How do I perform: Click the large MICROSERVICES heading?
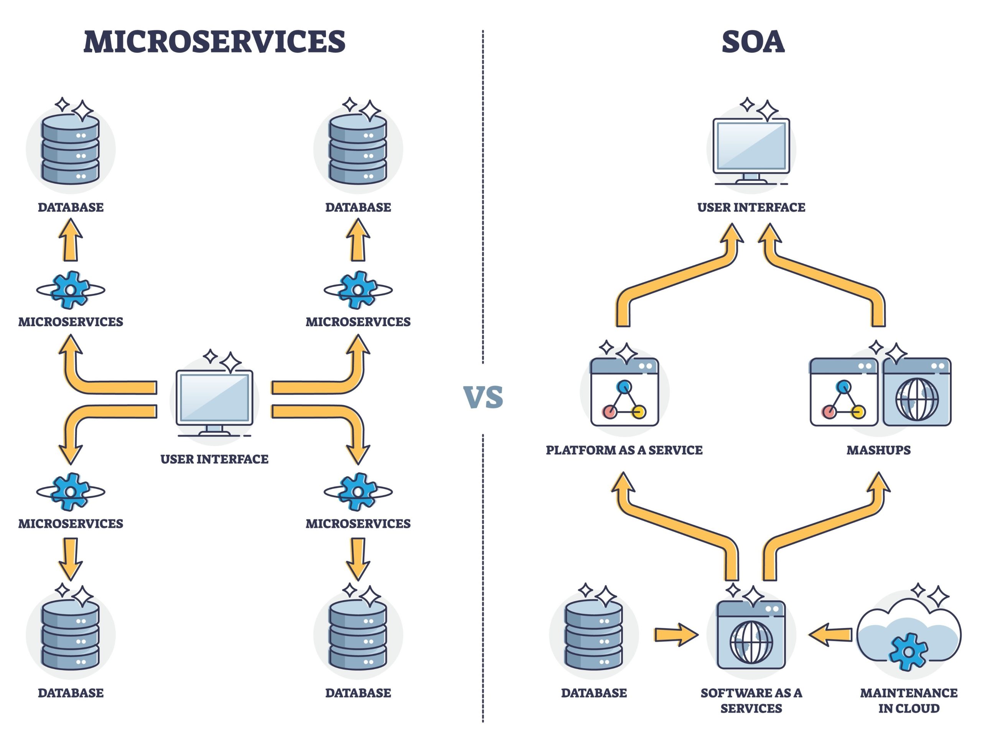click(214, 42)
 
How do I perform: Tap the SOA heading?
click(752, 42)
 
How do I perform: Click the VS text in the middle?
click(483, 397)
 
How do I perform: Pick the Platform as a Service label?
click(624, 450)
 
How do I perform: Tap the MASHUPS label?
click(878, 450)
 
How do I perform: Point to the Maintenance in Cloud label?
click(909, 700)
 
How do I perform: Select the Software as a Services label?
click(751, 700)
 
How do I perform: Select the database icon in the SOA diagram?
click(593, 634)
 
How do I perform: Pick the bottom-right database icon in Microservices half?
click(358, 634)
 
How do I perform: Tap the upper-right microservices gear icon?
click(358, 290)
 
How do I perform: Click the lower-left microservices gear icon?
click(70, 491)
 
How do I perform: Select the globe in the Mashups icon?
click(916, 399)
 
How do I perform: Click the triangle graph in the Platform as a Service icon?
click(624, 399)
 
